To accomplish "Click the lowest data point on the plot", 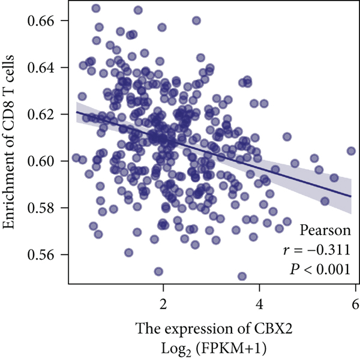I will point(242,276).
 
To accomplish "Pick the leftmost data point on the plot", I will point(76,158).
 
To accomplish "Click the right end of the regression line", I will point(351,196).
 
